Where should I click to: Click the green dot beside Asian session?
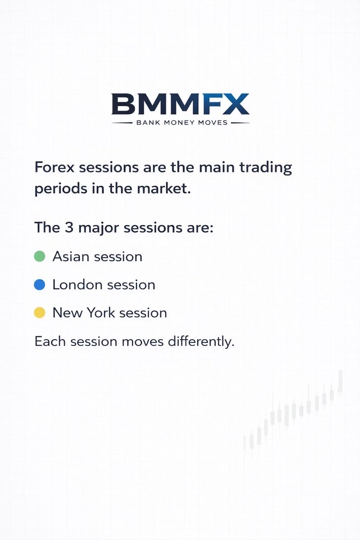pyautogui.click(x=40, y=256)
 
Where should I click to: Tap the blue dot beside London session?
pyautogui.click(x=40, y=284)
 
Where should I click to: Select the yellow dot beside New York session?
pyautogui.click(x=40, y=312)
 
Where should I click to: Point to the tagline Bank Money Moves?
pyautogui.click(x=180, y=122)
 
